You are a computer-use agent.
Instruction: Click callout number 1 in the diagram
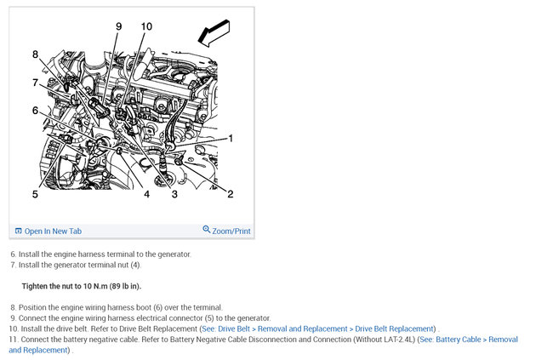(x=231, y=139)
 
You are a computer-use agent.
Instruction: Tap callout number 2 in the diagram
(x=231, y=194)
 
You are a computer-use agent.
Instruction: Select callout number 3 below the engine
(x=174, y=194)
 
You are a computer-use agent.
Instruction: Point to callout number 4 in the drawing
(x=146, y=194)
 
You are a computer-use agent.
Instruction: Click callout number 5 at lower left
(x=35, y=194)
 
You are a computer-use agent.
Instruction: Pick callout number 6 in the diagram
(x=35, y=111)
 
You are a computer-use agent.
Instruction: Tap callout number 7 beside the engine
(x=35, y=83)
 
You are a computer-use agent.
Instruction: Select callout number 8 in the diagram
(x=35, y=54)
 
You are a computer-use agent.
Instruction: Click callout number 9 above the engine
(x=119, y=26)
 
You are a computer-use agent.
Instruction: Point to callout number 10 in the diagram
(x=146, y=26)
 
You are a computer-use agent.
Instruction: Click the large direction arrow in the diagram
(x=214, y=33)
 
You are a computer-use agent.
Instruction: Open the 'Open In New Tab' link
(x=53, y=231)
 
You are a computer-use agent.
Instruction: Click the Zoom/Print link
(x=231, y=231)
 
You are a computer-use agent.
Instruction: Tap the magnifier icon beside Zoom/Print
(x=207, y=230)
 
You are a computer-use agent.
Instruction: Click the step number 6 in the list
(x=13, y=254)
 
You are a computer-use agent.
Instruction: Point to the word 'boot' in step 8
(x=143, y=307)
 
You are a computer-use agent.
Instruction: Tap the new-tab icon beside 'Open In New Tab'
(x=19, y=231)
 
